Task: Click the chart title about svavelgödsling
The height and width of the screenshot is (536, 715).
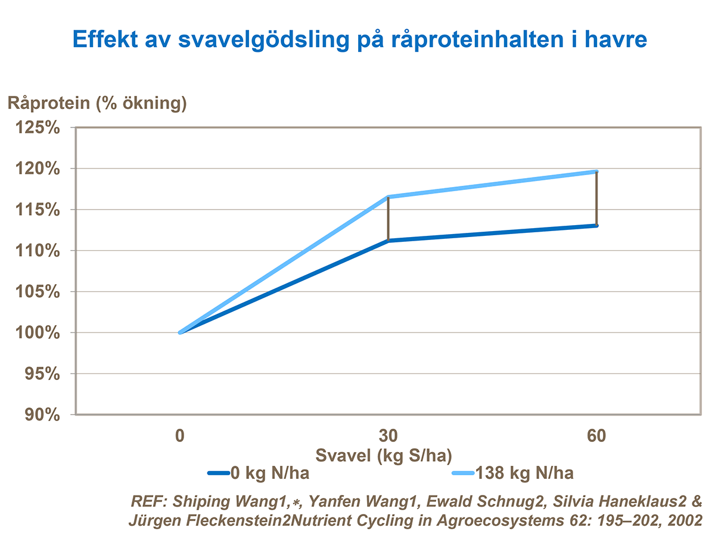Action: [x=359, y=40]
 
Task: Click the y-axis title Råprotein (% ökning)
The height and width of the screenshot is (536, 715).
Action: [x=97, y=103]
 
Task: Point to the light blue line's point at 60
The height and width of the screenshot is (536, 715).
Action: [x=596, y=172]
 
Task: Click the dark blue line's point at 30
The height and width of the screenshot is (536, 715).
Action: [x=388, y=241]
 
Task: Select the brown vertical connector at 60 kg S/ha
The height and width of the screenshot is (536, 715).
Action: [x=596, y=198]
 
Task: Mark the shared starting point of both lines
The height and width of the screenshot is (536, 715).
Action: [x=179, y=332]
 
